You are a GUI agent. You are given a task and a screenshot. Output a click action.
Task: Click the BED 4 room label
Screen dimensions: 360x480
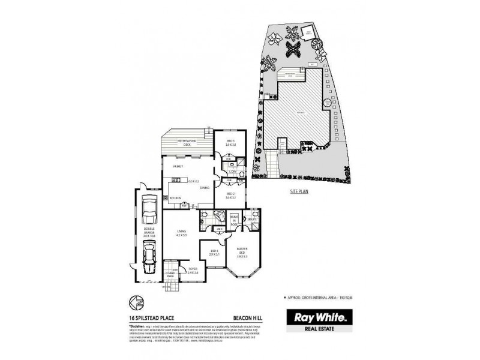(x=214, y=253)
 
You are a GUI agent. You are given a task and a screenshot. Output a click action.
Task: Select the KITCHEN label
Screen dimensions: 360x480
(x=175, y=197)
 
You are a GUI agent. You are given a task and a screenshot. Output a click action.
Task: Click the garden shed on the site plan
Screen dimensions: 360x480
(x=308, y=32)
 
